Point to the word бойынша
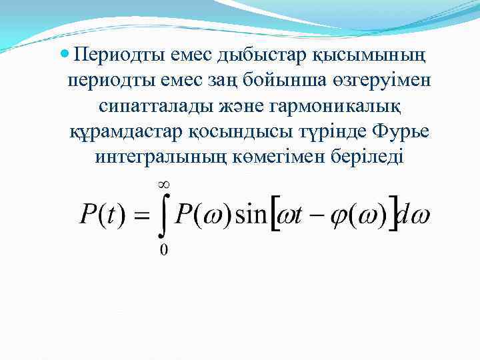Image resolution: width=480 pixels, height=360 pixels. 293,80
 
